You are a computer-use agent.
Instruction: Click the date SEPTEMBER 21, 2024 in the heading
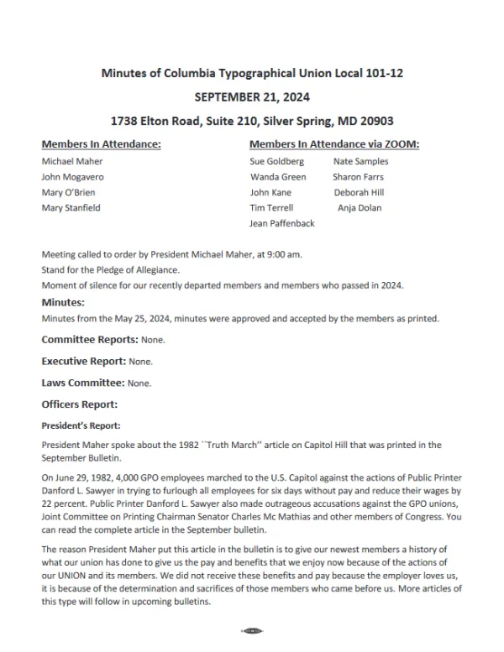pos(252,97)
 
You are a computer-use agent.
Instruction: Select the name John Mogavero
pos(71,177)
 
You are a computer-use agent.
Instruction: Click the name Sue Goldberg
pos(277,161)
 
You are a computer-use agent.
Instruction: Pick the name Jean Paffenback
pos(282,224)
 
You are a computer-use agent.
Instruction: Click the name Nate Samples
pos(360,161)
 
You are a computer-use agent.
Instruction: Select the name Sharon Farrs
pos(358,177)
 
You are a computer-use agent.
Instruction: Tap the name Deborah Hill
pos(359,192)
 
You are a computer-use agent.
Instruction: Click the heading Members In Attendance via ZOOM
pos(334,144)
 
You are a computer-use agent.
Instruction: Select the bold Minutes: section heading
pos(62,302)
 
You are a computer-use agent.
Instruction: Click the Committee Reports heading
pos(89,340)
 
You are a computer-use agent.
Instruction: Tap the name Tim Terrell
pos(270,208)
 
